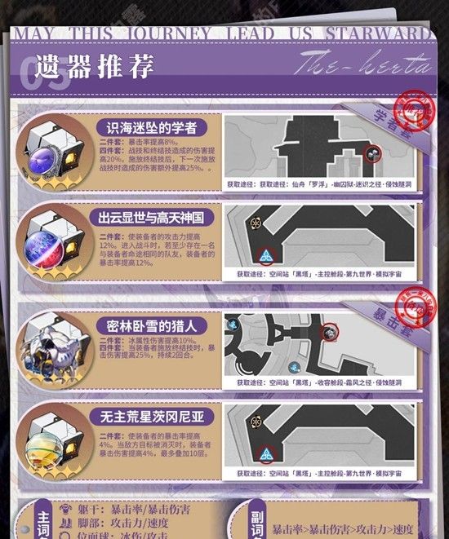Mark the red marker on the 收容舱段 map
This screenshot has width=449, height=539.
[x=330, y=332]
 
